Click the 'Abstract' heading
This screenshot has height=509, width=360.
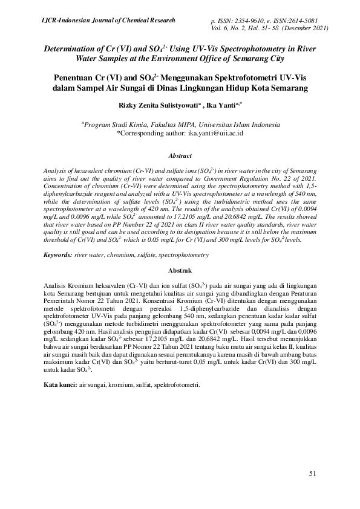coord(180,155)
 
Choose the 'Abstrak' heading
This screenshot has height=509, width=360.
coord(180,270)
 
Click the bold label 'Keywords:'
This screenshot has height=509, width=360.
coord(57,256)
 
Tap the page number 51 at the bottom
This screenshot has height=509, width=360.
coord(313,473)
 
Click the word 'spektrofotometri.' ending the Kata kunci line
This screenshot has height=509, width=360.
coord(177,385)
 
